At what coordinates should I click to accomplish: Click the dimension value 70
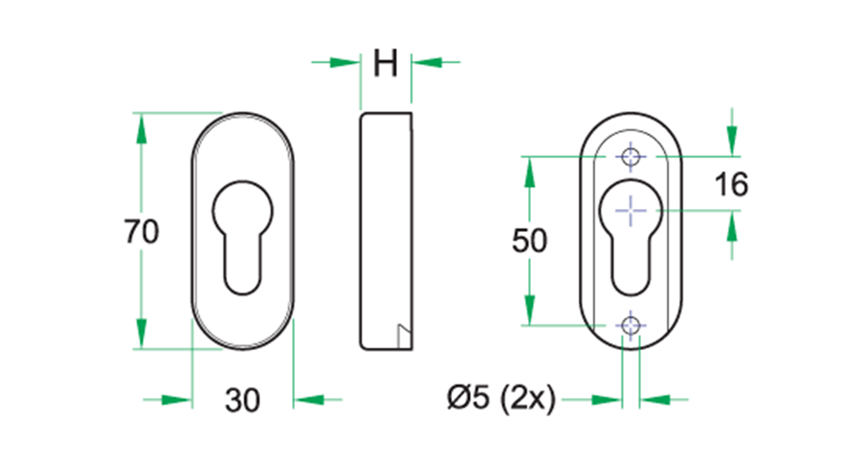[x=141, y=232]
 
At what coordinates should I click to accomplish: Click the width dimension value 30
[x=242, y=399]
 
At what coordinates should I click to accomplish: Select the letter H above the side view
[x=386, y=63]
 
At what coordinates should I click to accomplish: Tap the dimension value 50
[x=529, y=241]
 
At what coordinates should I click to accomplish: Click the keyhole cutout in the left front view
[x=243, y=231]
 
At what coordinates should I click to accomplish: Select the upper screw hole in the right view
[x=631, y=158]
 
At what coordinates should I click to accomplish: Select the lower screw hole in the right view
[x=631, y=325]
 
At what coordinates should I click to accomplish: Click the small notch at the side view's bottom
[x=403, y=334]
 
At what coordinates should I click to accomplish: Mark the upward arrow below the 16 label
[x=731, y=229]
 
